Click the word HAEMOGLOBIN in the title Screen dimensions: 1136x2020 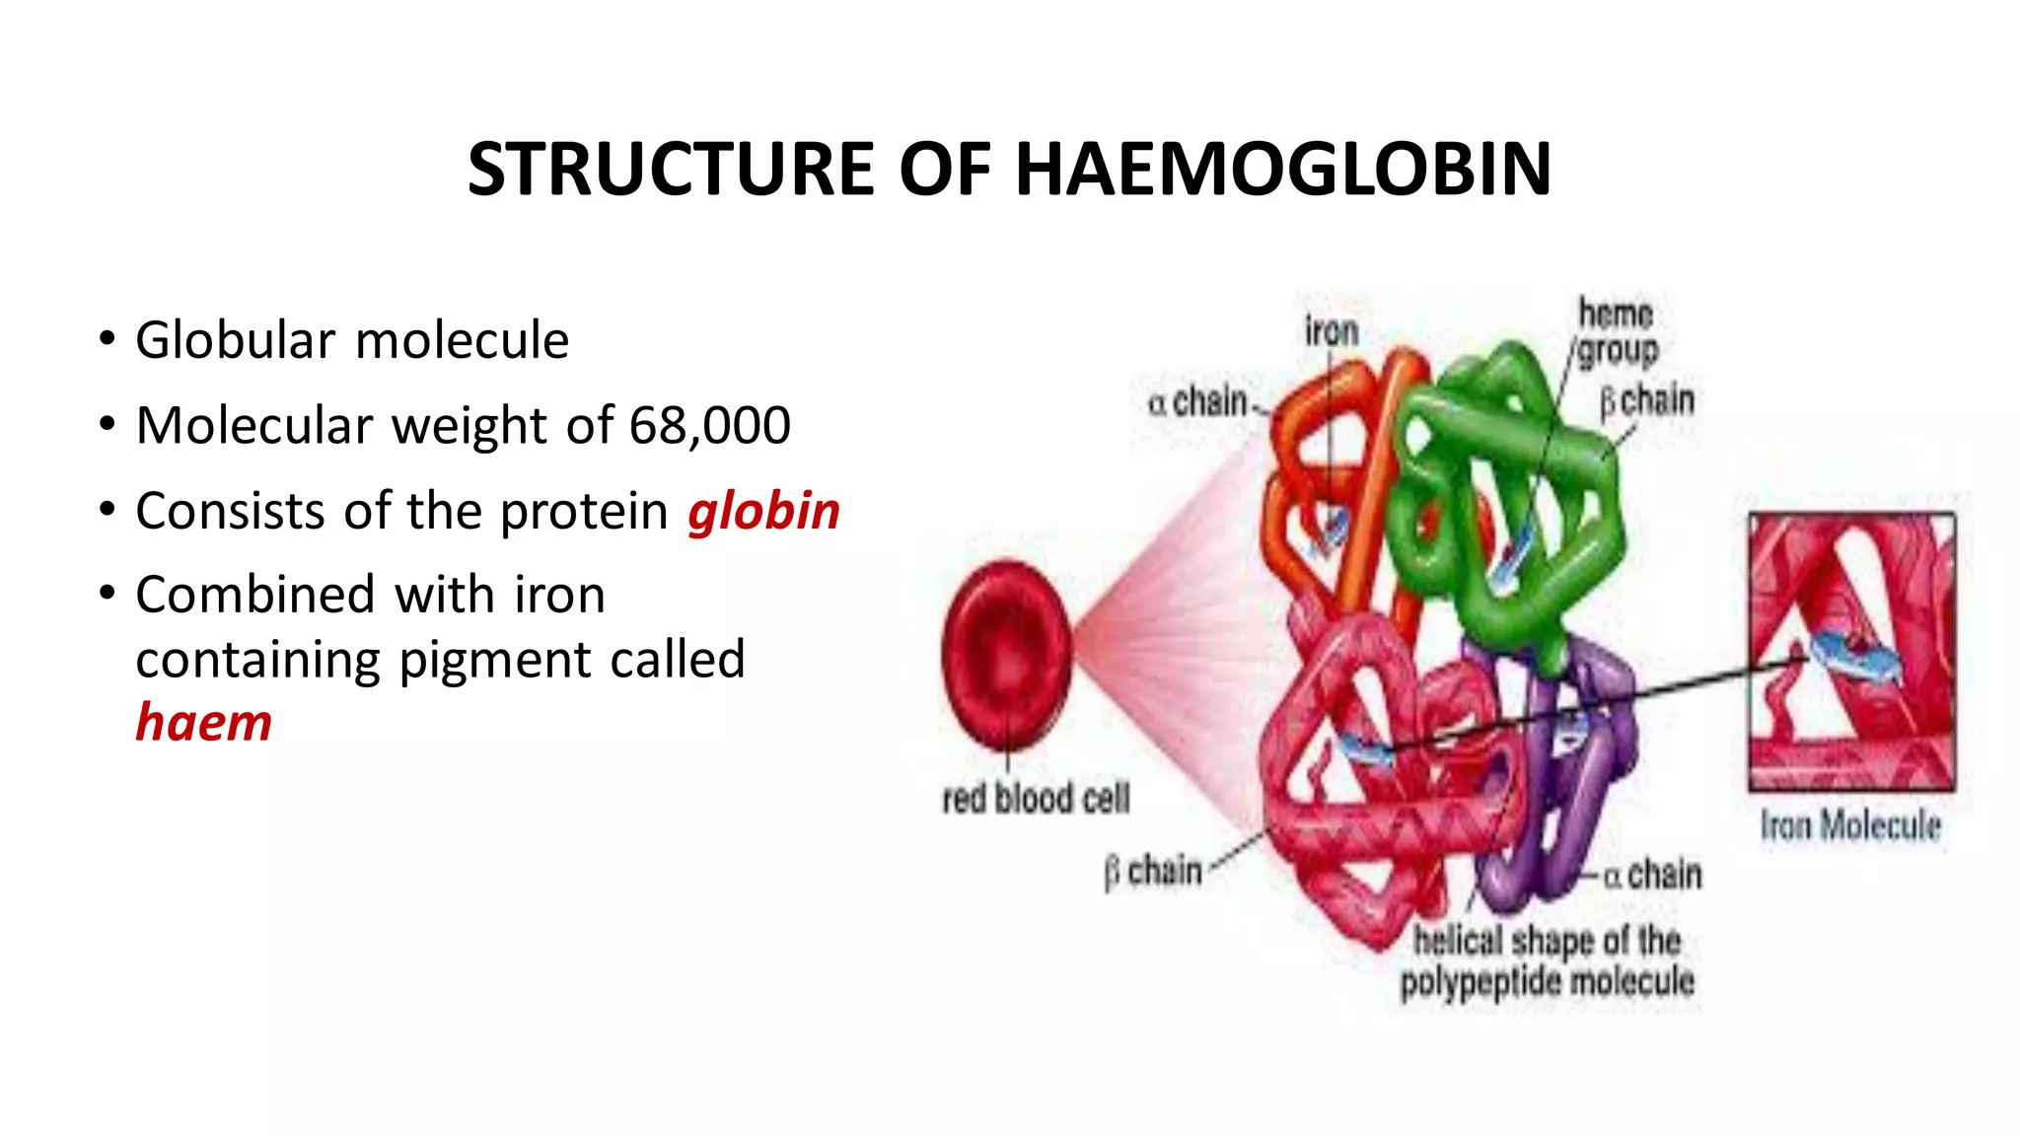[x=1283, y=170]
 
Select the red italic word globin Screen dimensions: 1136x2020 [x=763, y=512]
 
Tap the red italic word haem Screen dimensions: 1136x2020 [x=203, y=723]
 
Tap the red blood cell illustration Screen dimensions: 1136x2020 [x=1005, y=656]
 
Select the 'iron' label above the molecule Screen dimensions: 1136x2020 [x=1332, y=331]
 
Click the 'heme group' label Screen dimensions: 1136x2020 [x=1617, y=332]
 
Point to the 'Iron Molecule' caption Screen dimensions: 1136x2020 [x=1850, y=825]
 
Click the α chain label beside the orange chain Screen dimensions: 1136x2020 [x=1199, y=402]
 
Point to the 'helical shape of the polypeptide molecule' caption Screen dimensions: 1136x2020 [x=1547, y=961]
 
